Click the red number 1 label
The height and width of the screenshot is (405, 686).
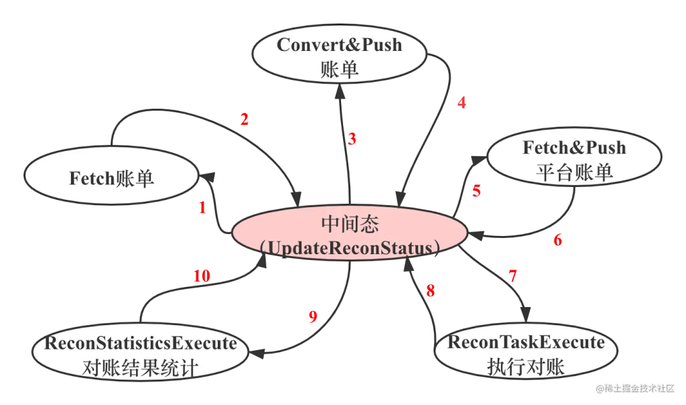202,208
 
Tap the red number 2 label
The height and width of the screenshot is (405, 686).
245,120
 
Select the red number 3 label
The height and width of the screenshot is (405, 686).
352,139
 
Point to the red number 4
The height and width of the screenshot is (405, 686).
461,103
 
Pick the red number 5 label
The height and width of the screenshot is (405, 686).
476,190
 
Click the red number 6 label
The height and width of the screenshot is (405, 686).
557,240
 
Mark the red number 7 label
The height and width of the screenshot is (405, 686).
512,276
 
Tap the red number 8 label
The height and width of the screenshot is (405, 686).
430,291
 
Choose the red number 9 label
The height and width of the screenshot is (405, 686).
312,317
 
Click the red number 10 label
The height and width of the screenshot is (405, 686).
202,276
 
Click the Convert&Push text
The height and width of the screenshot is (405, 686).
340,45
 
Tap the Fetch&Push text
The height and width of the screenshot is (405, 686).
574,148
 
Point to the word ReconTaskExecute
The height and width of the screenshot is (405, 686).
526,343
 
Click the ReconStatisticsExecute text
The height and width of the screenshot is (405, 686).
141,343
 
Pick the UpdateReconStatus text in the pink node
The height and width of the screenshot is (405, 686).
349,247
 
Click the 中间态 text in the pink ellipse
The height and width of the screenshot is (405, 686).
349,223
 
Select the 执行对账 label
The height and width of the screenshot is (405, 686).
526,367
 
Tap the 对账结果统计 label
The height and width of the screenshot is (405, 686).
141,367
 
